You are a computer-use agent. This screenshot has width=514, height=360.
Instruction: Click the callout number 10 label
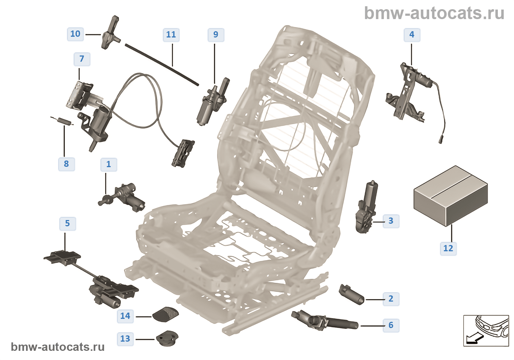pos(75,34)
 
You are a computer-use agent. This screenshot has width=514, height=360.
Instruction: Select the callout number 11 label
pos(171,35)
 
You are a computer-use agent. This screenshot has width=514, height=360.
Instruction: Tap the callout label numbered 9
pos(216,35)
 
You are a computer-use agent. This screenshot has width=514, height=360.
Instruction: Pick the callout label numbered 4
pos(412,35)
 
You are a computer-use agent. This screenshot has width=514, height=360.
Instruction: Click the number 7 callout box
pos(82,59)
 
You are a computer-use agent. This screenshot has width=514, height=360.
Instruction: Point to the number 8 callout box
pos(66,164)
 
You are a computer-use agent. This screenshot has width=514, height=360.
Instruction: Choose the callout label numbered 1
pos(109,165)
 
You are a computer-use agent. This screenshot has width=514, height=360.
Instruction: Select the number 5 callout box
pos(68,224)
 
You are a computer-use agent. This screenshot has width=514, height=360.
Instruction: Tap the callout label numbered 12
pos(448,249)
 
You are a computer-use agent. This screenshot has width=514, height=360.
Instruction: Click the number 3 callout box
pos(391,221)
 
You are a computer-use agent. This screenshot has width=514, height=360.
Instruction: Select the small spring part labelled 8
pos(62,120)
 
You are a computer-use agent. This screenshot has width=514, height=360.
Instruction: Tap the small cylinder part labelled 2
pos(351,294)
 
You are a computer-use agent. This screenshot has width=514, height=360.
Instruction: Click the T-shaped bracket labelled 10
pos(110,33)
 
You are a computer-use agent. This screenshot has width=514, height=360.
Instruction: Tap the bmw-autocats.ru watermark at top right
pos(434,14)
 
